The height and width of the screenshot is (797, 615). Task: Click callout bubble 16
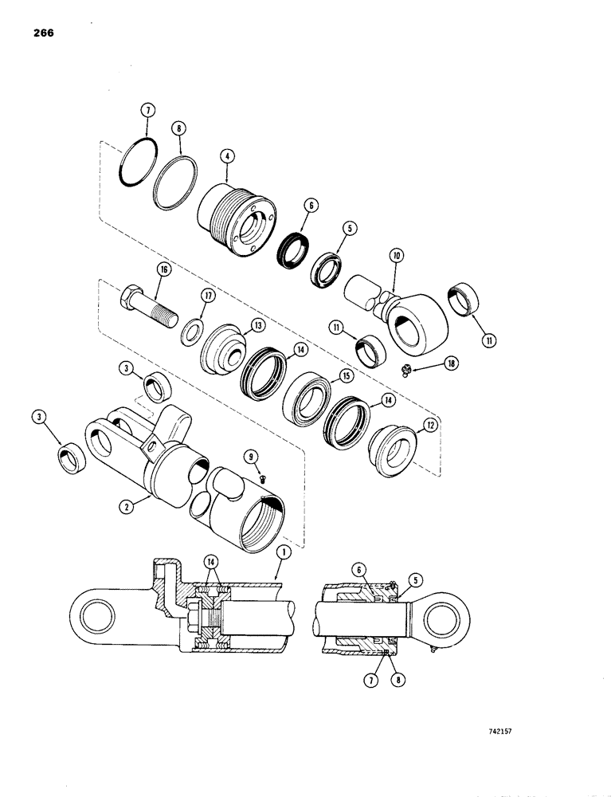(163, 271)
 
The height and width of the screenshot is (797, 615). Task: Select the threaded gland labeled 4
(236, 218)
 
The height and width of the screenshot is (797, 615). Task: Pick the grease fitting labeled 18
(406, 369)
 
